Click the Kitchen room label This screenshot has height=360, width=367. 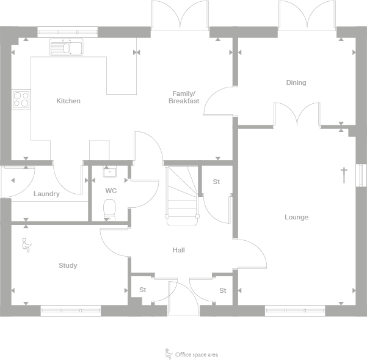click(68, 101)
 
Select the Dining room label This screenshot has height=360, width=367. click(296, 83)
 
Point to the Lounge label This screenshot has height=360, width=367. click(296, 217)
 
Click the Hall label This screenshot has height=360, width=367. click(178, 250)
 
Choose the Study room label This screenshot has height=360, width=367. click(68, 265)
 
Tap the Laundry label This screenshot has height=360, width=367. click(46, 194)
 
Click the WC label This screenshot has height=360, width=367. click(111, 191)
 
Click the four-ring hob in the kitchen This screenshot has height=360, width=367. click(21, 99)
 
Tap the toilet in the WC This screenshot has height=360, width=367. click(110, 211)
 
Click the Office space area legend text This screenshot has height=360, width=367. click(196, 354)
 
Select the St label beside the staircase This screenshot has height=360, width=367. click(216, 182)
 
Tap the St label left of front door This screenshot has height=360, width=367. click(143, 290)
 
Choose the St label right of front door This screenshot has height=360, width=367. click(223, 290)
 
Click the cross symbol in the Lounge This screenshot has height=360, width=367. click(344, 174)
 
